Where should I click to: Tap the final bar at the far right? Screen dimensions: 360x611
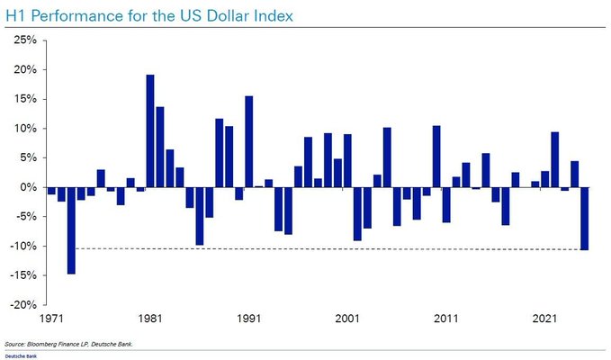(x=584, y=218)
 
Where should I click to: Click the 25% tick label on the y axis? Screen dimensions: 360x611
(x=24, y=40)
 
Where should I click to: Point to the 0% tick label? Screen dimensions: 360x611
(x=27, y=187)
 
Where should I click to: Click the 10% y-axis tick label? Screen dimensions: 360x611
(x=24, y=129)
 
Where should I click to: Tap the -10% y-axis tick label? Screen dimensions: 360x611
(x=22, y=246)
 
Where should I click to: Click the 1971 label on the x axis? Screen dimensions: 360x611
(x=51, y=319)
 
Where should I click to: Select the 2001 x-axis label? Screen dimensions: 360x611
(x=348, y=319)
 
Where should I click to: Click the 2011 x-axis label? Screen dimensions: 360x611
(x=446, y=319)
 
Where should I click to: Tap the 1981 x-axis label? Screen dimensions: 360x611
(x=150, y=319)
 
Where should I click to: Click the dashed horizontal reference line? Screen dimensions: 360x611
(x=315, y=248)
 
